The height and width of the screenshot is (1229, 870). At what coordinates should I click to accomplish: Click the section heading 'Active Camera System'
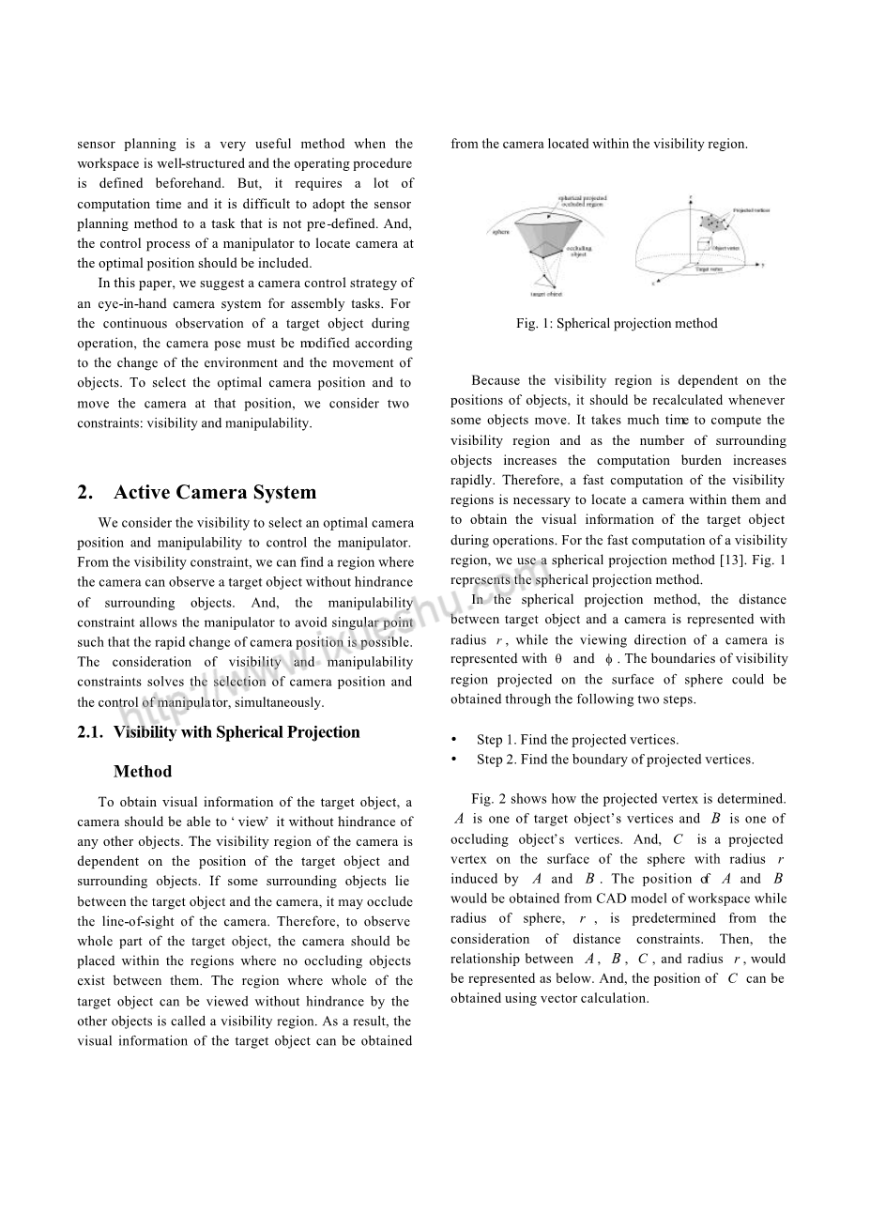[215, 493]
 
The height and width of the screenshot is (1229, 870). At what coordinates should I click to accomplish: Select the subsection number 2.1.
[90, 733]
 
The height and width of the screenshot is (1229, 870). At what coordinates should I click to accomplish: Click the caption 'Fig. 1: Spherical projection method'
[617, 324]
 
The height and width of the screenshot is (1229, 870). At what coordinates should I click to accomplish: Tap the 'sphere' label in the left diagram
[500, 231]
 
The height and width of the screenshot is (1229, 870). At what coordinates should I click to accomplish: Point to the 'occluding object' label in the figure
[578, 252]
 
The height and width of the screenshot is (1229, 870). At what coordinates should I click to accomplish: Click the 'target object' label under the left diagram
[545, 295]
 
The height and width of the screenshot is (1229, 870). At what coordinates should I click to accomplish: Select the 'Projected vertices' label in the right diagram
[751, 210]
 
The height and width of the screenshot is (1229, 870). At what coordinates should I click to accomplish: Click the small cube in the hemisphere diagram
[702, 247]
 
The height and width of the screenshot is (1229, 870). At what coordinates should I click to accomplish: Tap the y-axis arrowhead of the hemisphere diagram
[762, 267]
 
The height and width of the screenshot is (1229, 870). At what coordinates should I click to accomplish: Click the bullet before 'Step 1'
[454, 740]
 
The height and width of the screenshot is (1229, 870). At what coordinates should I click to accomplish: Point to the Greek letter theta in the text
[558, 659]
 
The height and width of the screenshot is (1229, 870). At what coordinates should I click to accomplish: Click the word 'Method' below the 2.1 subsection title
[143, 772]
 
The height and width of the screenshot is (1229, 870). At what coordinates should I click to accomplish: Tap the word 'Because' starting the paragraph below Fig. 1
[495, 381]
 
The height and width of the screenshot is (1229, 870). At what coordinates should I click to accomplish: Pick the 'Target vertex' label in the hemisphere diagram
[709, 269]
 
